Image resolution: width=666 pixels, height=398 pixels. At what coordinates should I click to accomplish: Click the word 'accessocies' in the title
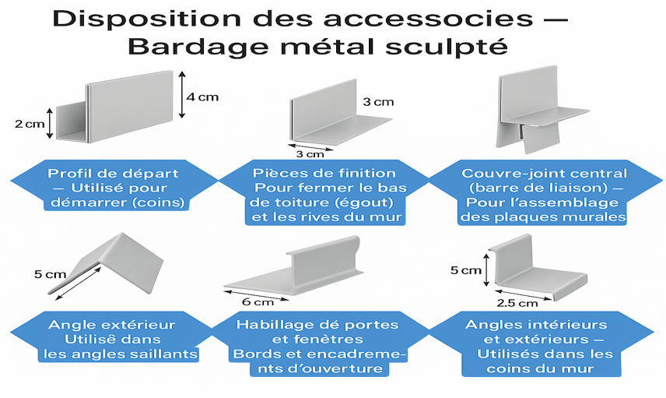click(x=428, y=19)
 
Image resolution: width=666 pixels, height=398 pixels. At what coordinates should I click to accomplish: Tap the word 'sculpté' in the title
click(x=447, y=47)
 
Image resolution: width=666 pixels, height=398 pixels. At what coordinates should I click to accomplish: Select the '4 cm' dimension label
click(x=202, y=97)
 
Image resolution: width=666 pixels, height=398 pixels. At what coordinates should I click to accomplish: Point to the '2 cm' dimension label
click(x=30, y=124)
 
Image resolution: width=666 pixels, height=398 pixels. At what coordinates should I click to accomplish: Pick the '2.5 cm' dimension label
click(x=517, y=303)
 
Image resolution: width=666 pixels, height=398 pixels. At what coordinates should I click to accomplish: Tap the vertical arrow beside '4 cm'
click(x=182, y=95)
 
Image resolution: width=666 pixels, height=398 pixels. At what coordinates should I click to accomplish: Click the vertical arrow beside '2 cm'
click(x=50, y=123)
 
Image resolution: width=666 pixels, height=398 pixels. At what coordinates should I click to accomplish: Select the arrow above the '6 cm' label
click(x=256, y=295)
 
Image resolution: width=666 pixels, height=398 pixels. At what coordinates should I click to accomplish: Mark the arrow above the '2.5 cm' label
click(x=524, y=295)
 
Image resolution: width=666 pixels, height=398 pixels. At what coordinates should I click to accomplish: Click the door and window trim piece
click(x=293, y=266)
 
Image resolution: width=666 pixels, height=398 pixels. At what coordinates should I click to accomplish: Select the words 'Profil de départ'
click(x=113, y=174)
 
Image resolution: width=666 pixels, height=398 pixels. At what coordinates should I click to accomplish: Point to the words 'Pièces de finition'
click(x=324, y=173)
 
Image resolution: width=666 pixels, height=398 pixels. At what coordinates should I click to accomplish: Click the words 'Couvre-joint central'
click(x=544, y=174)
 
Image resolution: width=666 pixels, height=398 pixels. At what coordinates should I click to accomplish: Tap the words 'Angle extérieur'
click(x=112, y=325)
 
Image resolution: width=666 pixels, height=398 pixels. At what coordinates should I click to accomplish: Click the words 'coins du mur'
click(x=540, y=368)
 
